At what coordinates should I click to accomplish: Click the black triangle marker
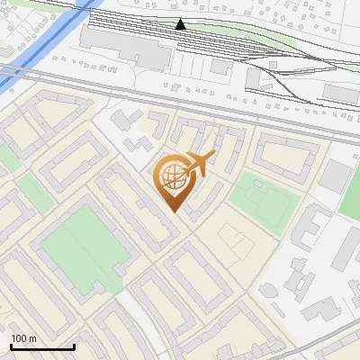(x=181, y=24)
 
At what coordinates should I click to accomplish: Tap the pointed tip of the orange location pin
(x=174, y=212)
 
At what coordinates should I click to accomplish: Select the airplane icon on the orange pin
(x=198, y=164)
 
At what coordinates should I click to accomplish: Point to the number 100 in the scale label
(x=19, y=338)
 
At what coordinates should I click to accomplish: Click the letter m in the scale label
(x=32, y=338)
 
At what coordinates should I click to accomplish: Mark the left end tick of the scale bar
(x=11, y=346)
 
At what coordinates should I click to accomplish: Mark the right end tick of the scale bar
(x=74, y=346)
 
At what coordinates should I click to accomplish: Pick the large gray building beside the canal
(x=126, y=48)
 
